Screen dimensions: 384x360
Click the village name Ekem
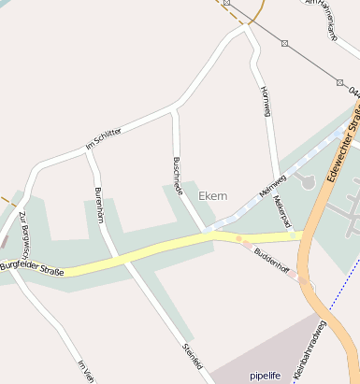tap(213, 195)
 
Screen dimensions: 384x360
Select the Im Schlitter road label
tap(103, 137)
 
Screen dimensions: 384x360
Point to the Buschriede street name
tap(178, 173)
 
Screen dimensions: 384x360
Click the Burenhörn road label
tap(97, 206)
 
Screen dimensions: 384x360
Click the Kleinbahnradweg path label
tap(310, 349)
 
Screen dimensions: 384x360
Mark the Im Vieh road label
tap(86, 372)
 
